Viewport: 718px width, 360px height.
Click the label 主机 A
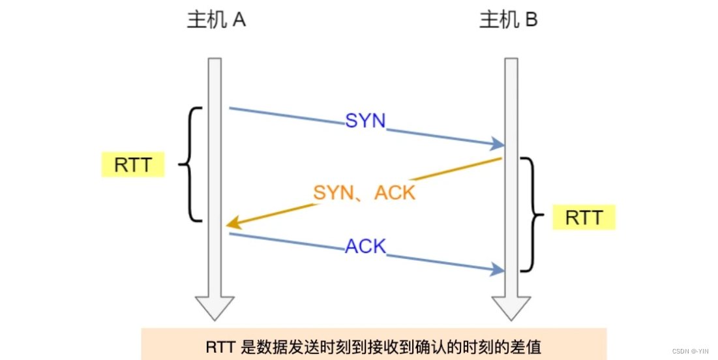pos(216,20)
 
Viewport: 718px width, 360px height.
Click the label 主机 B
pos(508,20)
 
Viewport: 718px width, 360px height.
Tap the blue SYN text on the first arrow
pos(365,121)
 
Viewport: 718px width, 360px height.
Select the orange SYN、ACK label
pos(364,192)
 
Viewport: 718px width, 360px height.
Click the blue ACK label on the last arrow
pos(365,247)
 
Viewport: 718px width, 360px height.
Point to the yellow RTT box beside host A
pos(133,165)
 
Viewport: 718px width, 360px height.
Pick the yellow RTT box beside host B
pos(583,217)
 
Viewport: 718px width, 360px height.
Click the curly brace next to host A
pos(190,164)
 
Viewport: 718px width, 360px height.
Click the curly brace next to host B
pos(533,215)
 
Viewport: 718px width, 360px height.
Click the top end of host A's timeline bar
pos(215,61)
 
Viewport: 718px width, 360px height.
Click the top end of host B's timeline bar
pos(511,61)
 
